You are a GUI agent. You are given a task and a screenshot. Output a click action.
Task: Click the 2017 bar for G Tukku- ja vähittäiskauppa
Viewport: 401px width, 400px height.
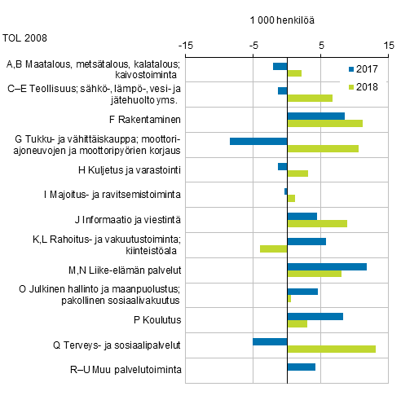[x=258, y=141]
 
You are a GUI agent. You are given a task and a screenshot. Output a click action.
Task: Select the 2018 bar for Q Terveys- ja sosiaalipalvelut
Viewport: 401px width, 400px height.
[x=331, y=349]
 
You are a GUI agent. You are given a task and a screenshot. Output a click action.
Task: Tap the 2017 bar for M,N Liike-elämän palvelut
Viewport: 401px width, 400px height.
[x=327, y=266]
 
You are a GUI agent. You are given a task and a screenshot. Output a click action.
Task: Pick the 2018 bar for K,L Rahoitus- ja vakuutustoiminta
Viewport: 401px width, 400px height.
[x=274, y=248]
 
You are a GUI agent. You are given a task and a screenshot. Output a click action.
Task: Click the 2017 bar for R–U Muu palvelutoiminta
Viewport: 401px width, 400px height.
[x=301, y=367]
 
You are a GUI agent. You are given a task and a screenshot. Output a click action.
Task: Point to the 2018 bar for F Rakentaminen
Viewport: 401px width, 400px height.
[x=324, y=123]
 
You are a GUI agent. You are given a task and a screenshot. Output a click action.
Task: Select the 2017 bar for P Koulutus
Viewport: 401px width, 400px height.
[x=315, y=316]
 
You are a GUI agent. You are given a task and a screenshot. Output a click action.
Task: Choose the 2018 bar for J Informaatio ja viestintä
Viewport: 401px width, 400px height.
[x=317, y=223]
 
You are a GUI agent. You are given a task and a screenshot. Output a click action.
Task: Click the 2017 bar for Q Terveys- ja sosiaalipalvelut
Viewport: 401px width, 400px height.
[x=270, y=341]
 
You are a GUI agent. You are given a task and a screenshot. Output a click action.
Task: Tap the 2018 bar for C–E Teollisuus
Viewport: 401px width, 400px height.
[x=310, y=99]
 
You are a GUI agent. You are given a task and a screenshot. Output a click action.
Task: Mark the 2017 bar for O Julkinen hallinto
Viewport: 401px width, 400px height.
[x=302, y=291]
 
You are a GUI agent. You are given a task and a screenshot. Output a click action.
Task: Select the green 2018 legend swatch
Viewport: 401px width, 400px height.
[x=350, y=86]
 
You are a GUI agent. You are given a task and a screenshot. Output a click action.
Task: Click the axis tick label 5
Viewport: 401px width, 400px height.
[x=321, y=45]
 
